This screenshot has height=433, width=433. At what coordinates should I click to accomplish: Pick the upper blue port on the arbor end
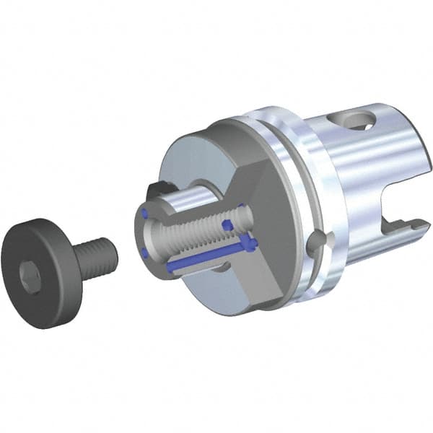coord(146,213)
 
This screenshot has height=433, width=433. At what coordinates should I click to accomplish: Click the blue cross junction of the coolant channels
coord(246,242)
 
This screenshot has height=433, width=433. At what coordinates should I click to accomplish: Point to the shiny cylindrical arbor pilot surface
coord(195,194)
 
